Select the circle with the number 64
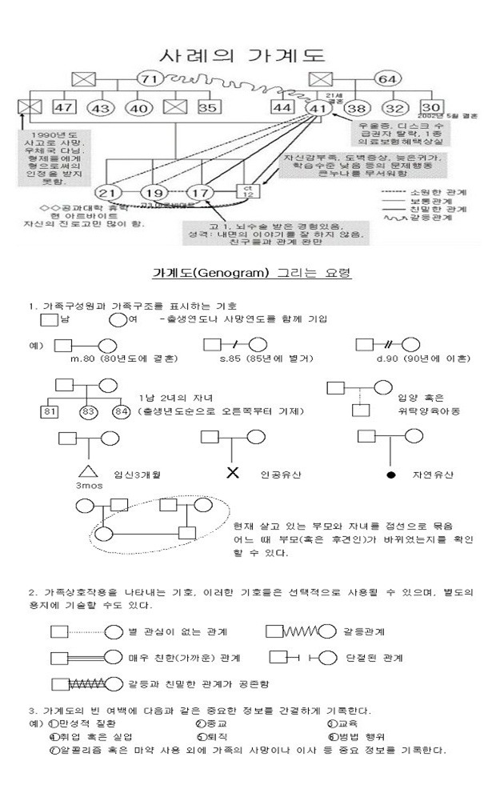(x=386, y=78)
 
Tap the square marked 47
(x=65, y=108)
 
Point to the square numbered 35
(x=206, y=108)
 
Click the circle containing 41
(x=317, y=108)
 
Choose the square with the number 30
(x=431, y=107)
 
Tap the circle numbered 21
(x=106, y=192)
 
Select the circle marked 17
(x=199, y=192)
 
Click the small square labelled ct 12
(x=246, y=191)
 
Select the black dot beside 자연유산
(x=390, y=474)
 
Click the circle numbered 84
(x=122, y=412)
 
